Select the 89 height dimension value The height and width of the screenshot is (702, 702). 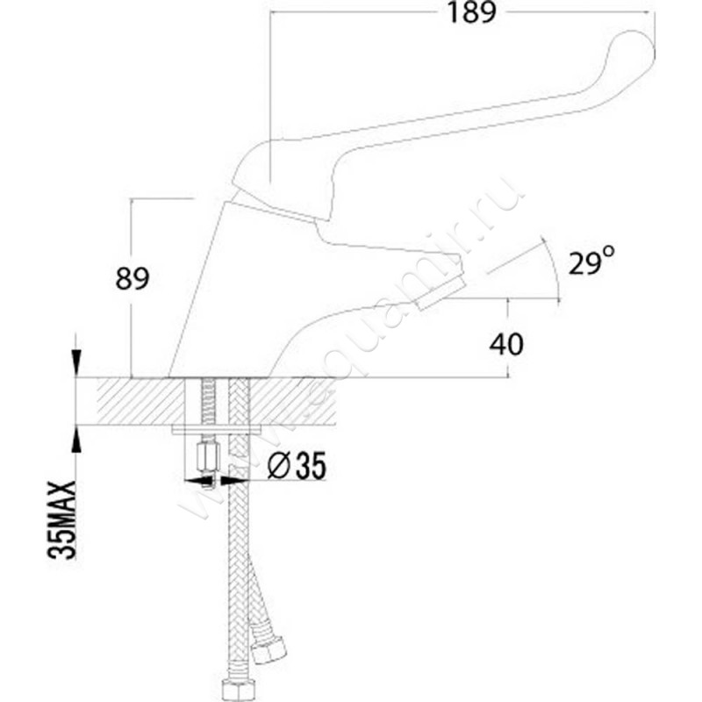133,279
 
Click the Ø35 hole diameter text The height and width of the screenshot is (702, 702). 295,467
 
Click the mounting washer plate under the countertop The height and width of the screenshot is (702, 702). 219,430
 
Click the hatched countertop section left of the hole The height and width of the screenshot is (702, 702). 132,401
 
